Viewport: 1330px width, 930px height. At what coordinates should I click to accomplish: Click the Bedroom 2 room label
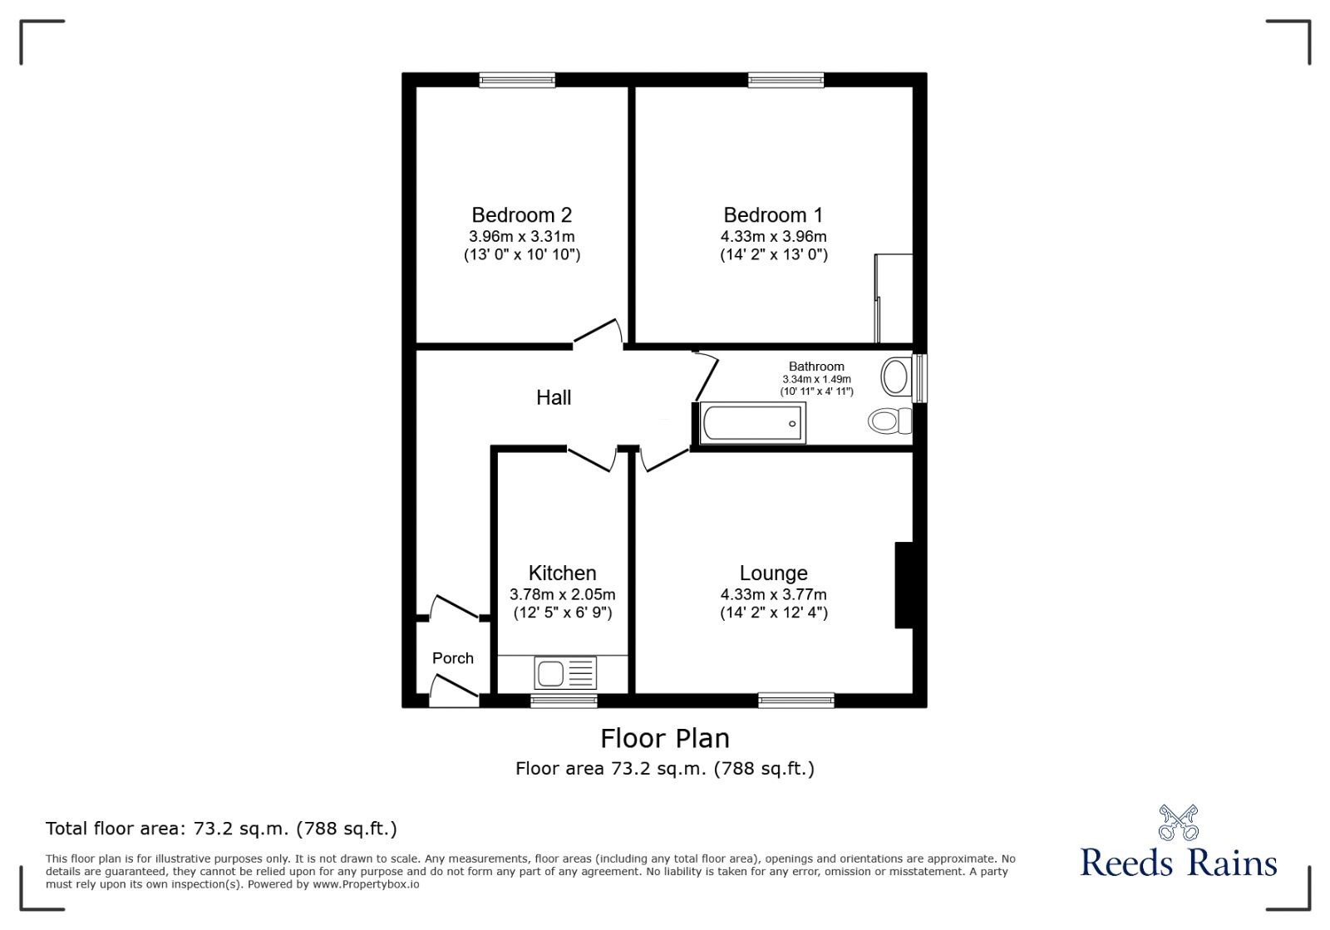[521, 215]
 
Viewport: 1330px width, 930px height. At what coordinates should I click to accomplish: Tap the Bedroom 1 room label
[773, 215]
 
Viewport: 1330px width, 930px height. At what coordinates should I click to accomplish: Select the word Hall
[554, 397]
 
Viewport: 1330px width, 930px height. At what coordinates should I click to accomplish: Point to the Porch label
[452, 658]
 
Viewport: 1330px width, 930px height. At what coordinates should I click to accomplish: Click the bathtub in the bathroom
[753, 423]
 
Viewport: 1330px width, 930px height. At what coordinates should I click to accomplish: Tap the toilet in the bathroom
[889, 421]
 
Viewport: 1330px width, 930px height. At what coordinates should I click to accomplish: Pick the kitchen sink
[564, 673]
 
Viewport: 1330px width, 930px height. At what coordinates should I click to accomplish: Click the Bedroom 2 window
[517, 80]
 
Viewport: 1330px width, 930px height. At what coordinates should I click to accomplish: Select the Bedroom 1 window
[786, 80]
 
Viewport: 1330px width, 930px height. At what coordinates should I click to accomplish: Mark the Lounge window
[796, 701]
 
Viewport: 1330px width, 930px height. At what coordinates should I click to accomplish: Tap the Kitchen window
[564, 701]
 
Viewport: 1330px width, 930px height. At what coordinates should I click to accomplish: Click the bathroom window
[919, 378]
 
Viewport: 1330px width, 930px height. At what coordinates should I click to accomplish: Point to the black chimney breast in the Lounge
[903, 585]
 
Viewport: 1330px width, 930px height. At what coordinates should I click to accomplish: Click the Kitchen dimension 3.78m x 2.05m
[562, 594]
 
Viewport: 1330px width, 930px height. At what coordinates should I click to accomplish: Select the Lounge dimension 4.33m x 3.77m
[773, 594]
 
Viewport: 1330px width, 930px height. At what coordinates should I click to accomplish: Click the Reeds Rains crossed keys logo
[1179, 823]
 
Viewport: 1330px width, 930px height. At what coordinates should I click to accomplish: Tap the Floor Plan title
[664, 739]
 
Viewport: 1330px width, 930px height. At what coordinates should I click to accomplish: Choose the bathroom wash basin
[896, 376]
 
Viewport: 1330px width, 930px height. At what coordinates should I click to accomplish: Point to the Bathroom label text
[815, 367]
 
